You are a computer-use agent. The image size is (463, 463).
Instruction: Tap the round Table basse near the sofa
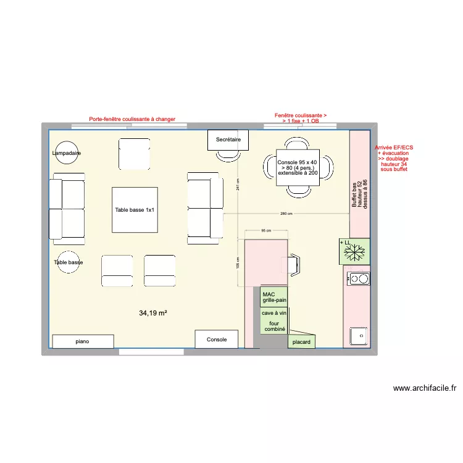click(69, 262)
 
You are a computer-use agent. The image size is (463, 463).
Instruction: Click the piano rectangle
click(83, 341)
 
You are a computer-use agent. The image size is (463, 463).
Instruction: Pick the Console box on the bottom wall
click(217, 339)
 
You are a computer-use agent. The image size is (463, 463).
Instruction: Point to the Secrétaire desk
click(228, 140)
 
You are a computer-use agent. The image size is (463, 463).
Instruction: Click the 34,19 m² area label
click(153, 313)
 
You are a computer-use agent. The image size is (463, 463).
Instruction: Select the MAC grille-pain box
click(273, 298)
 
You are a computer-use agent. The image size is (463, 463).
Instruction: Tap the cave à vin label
click(273, 314)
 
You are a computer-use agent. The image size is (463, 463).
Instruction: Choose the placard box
click(301, 341)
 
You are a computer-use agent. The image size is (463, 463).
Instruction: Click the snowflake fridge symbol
click(355, 251)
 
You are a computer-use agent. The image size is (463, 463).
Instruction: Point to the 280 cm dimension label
click(286, 214)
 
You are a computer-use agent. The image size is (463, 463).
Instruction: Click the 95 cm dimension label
click(266, 230)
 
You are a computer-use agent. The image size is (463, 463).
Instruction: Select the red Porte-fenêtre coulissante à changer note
click(132, 119)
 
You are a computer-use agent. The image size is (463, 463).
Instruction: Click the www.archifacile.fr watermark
click(425, 388)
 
